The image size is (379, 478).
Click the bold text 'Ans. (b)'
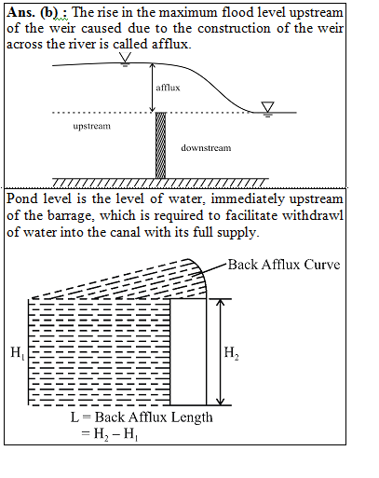(x=33, y=12)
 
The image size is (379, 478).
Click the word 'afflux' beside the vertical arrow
(x=168, y=88)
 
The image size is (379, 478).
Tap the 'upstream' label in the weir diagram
(x=92, y=126)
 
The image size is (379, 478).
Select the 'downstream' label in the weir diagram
(x=206, y=147)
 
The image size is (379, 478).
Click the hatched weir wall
(x=160, y=145)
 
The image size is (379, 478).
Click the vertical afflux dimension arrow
(x=152, y=88)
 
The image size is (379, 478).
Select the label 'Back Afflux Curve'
(x=284, y=265)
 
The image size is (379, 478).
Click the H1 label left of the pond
(x=18, y=353)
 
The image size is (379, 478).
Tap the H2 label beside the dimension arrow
(x=232, y=353)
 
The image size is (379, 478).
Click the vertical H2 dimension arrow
(x=220, y=352)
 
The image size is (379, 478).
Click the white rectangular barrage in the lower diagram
(x=188, y=352)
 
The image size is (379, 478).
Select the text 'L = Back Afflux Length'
(x=142, y=417)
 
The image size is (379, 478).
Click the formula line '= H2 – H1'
(x=110, y=433)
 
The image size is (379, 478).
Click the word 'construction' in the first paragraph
(x=235, y=28)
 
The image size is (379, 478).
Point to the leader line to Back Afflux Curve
(x=210, y=269)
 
